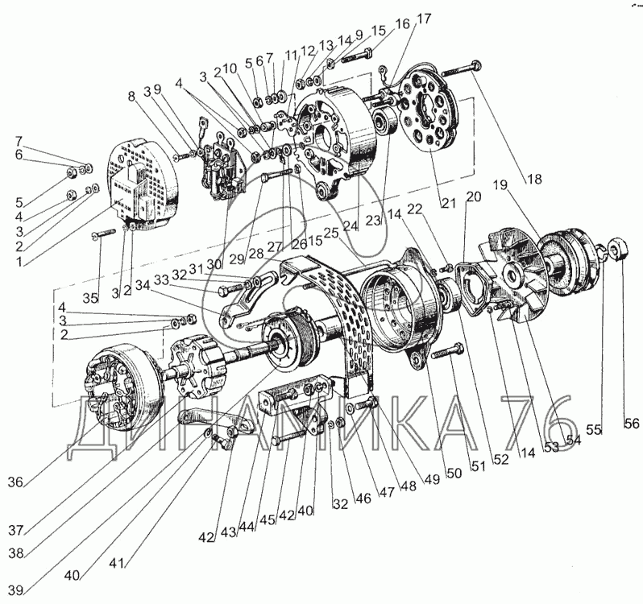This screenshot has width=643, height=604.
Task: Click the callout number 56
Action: [632, 423]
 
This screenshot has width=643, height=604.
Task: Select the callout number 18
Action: [533, 179]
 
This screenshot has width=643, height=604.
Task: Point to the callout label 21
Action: [448, 202]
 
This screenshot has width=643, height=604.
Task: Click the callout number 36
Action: [15, 482]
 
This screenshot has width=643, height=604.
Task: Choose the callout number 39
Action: [15, 590]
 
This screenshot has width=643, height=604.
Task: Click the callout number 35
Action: [90, 298]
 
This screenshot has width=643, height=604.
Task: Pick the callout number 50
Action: [454, 474]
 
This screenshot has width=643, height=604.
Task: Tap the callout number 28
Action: [256, 254]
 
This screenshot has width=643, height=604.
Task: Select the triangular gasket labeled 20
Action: [475, 288]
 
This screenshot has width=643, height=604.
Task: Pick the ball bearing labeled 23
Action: [384, 122]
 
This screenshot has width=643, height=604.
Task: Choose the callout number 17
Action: [424, 19]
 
